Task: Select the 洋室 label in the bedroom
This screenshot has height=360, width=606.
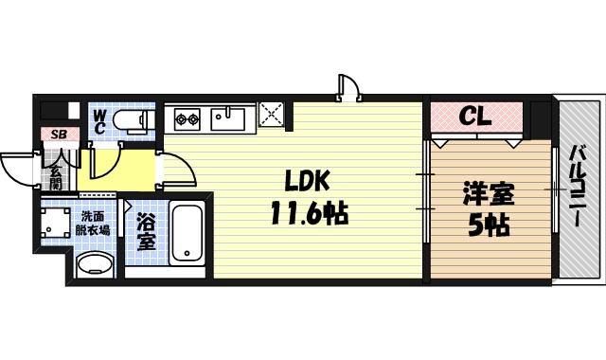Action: [488, 194]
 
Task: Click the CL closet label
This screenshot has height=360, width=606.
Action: [474, 117]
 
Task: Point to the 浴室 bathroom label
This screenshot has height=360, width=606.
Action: [146, 233]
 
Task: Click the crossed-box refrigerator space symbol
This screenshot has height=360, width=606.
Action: [272, 117]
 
